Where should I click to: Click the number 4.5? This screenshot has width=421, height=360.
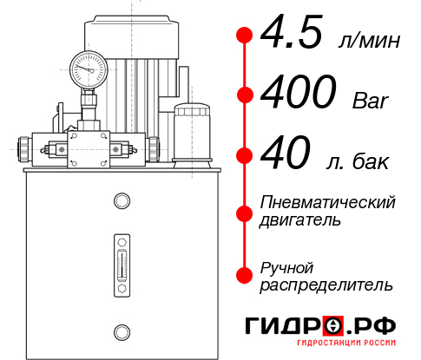pos(293,35)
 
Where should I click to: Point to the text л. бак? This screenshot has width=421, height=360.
pos(358,161)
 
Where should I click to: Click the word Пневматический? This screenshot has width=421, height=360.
pos(328,202)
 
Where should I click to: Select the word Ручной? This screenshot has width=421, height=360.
pos(287,266)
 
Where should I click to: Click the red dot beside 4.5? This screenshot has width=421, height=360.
pos(246,36)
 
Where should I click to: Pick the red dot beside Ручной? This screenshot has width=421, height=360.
pos(246,274)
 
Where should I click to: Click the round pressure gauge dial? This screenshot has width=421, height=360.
pos(89,67)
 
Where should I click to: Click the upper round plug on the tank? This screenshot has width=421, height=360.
pos(121,201)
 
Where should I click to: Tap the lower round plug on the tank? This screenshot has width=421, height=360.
pos(121,331)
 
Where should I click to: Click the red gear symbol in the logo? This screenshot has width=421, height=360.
pos(334,327)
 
